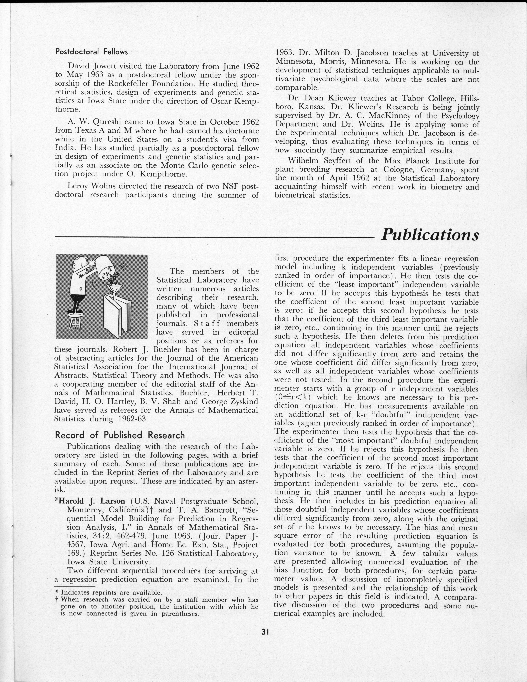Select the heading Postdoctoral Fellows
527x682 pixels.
(x=91, y=52)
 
